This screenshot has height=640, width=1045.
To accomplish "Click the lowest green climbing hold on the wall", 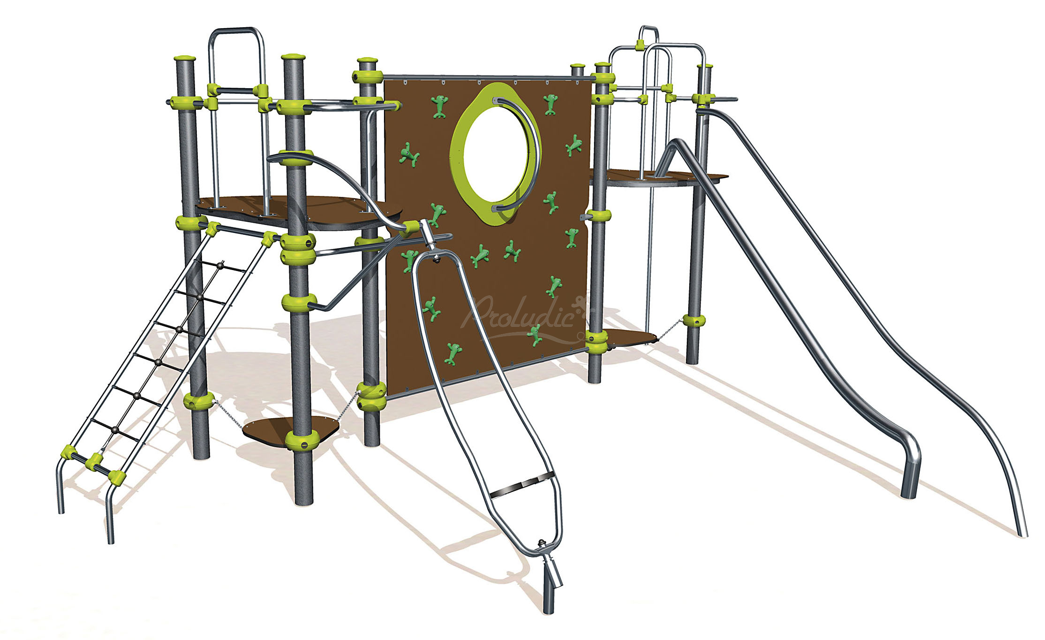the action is pyautogui.click(x=453, y=354).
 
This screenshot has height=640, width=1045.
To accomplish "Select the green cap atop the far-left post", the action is pyautogui.click(x=185, y=60).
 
